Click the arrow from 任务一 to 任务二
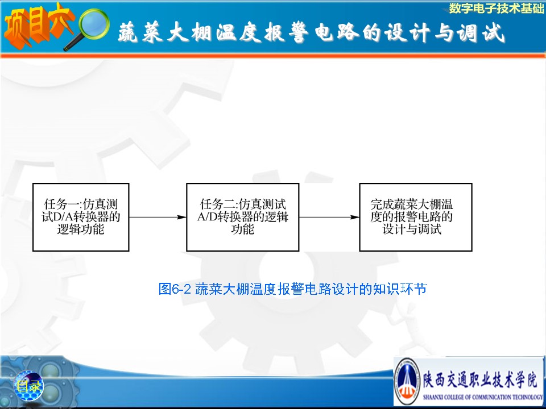click(x=158, y=218)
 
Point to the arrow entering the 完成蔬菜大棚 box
click(x=329, y=218)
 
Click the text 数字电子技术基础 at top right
click(x=496, y=8)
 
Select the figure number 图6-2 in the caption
click(x=175, y=289)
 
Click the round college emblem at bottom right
click(x=407, y=382)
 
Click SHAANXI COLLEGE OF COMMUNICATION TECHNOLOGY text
click(x=483, y=397)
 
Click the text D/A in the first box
click(x=63, y=217)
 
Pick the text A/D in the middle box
click(x=208, y=217)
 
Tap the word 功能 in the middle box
click(x=243, y=229)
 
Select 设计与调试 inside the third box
click(x=412, y=229)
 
